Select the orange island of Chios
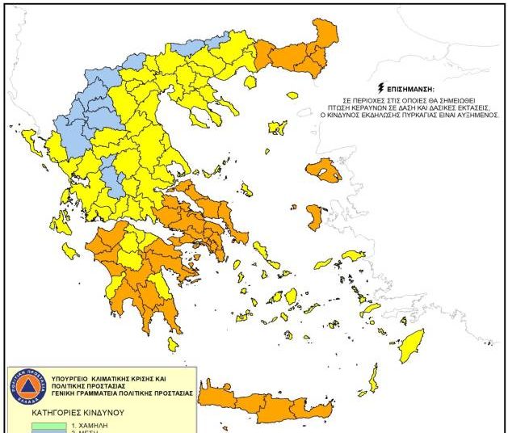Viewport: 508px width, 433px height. pyautogui.click(x=315, y=216)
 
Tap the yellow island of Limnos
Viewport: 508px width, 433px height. pyautogui.click(x=278, y=128)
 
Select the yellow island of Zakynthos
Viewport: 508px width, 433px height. pyautogui.click(x=70, y=251)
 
